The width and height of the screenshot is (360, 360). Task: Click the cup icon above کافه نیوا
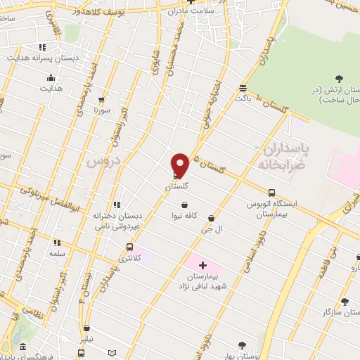click(x=184, y=205)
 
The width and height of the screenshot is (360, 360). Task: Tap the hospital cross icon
click(x=203, y=265)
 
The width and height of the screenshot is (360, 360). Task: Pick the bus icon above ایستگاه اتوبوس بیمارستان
click(x=272, y=193)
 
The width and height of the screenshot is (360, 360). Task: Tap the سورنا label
click(x=104, y=111)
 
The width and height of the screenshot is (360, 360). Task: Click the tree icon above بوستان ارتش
click(x=340, y=78)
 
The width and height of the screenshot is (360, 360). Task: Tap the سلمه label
click(x=57, y=253)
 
